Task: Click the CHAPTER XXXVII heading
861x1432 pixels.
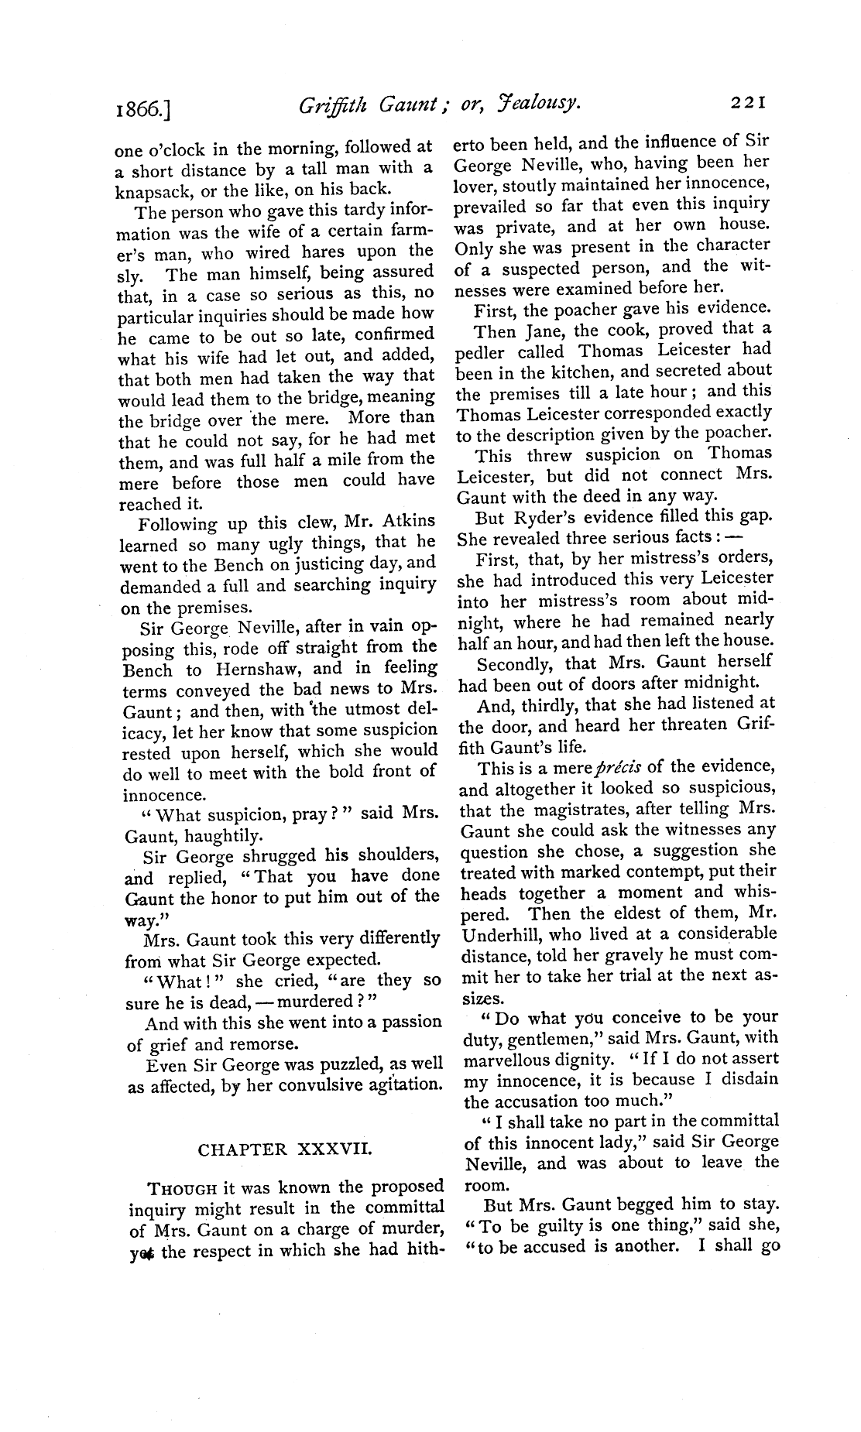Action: click(x=285, y=1150)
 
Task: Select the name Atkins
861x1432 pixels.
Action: click(x=406, y=521)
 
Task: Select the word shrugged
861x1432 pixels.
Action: click(x=283, y=856)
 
